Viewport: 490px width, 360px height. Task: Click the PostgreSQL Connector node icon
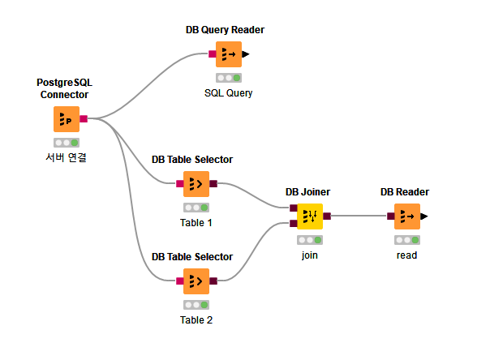click(67, 119)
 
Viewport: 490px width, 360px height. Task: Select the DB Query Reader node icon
click(228, 54)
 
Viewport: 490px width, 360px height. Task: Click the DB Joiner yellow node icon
click(309, 216)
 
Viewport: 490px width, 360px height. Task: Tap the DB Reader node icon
click(406, 216)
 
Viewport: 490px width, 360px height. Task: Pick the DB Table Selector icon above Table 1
click(196, 184)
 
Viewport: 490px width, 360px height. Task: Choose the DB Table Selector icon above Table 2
click(196, 281)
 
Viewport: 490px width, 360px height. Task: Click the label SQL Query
click(228, 92)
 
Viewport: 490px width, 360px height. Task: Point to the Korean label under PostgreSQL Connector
click(66, 157)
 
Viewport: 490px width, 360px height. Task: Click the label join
click(309, 255)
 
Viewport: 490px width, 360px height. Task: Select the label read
click(406, 255)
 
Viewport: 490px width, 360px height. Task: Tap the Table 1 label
click(196, 222)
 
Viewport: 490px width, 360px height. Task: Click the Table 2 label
click(196, 319)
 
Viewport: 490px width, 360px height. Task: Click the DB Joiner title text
click(307, 192)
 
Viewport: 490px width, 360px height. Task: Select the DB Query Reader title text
click(225, 30)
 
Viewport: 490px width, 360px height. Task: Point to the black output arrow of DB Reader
click(424, 216)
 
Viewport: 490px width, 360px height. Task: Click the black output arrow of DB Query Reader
click(246, 54)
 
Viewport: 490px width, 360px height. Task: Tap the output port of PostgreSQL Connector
click(84, 119)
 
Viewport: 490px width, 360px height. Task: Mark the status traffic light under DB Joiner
click(309, 240)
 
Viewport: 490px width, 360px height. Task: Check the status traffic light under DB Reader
click(406, 240)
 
